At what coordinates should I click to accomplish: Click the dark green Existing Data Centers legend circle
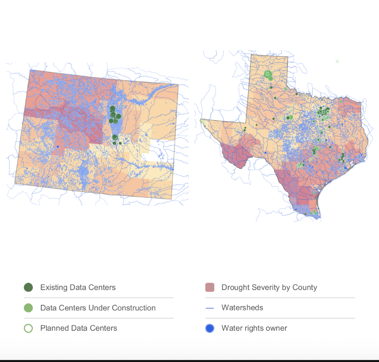tap(28, 287)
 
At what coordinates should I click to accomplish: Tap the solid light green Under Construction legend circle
tap(28, 308)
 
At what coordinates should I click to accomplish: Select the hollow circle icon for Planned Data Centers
tap(28, 328)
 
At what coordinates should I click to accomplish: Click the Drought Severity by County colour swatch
tap(209, 287)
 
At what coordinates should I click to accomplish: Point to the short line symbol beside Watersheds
tap(209, 308)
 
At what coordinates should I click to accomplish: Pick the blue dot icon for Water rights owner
tap(209, 328)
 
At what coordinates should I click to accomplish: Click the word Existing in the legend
tap(54, 287)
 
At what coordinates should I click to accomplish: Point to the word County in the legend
tap(305, 287)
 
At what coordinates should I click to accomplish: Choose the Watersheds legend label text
tap(242, 308)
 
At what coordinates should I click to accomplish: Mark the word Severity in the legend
tap(266, 287)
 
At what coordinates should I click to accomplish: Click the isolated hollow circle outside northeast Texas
tap(337, 62)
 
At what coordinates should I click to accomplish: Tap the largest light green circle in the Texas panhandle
tap(267, 74)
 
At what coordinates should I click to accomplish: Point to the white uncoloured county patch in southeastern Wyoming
tap(157, 147)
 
